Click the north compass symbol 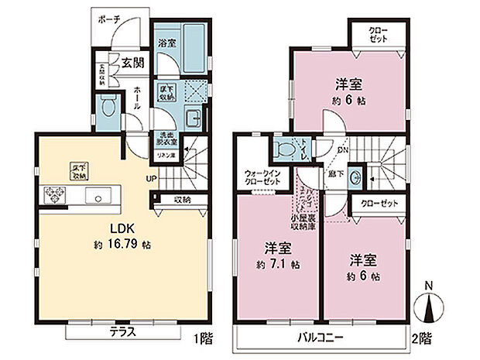click(430, 309)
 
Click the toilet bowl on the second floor click(286, 147)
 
